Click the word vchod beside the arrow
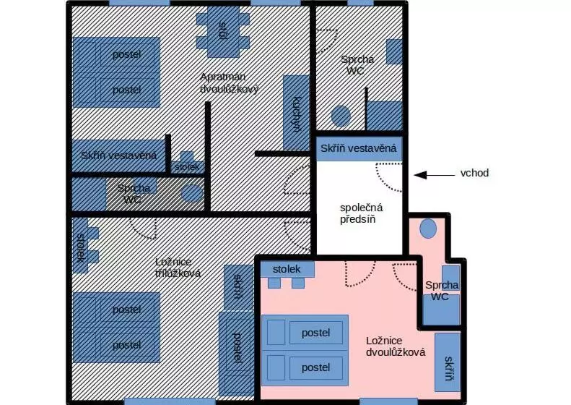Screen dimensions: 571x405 [474, 173]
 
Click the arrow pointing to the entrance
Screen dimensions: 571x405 [435, 175]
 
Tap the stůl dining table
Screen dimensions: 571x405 [223, 31]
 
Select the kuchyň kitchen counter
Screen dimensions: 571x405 [296, 113]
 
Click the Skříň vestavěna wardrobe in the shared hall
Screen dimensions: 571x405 [359, 148]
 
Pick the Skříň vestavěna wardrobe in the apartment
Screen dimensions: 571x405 [118, 155]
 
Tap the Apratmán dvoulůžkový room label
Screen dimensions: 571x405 [230, 83]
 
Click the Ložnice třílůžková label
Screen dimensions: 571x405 [178, 268]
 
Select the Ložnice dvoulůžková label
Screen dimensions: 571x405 [396, 346]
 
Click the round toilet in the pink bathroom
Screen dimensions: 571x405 [428, 229]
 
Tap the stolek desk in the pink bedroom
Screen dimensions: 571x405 [287, 269]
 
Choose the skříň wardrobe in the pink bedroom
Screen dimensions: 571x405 [448, 362]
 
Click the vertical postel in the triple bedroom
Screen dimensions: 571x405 [236, 353]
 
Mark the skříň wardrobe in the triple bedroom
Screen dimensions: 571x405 [238, 287]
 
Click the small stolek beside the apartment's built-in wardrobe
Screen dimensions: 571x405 [187, 163]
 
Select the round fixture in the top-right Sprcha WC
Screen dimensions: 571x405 [341, 116]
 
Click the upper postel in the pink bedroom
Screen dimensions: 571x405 [305, 333]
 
